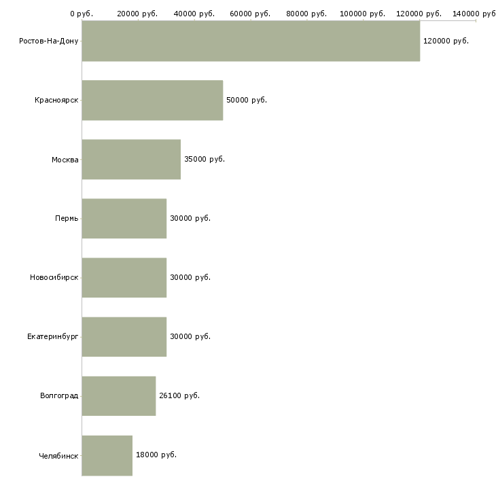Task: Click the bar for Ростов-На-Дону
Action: point(251,41)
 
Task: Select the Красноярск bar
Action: point(152,100)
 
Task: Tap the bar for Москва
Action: point(131,159)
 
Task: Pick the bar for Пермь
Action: point(124,218)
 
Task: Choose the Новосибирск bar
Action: point(124,277)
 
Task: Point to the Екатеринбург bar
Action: point(124,336)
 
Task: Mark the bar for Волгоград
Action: point(119,395)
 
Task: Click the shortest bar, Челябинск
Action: point(107,455)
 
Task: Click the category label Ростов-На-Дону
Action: point(48,41)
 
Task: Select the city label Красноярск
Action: point(56,101)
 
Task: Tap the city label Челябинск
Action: point(58,456)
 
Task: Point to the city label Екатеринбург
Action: point(52,336)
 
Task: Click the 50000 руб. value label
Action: point(247,100)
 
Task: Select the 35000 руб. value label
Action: point(205,159)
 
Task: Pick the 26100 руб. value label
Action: point(179,395)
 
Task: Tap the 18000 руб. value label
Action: point(156,455)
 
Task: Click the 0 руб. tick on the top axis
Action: point(82,14)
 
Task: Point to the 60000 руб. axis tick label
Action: point(250,14)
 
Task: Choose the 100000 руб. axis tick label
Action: point(363,14)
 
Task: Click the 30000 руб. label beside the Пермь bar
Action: point(190,218)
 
